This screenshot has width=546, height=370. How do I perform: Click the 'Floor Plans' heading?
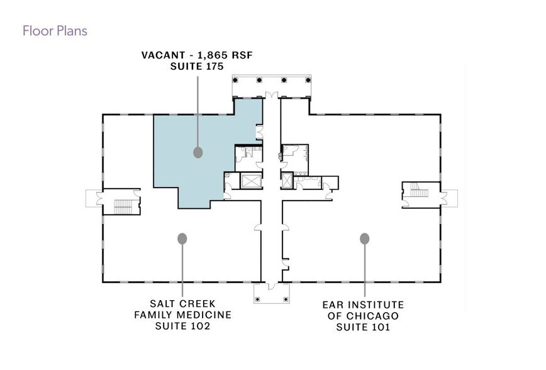coord(55,30)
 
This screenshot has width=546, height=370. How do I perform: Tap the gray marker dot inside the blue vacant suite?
coord(198,152)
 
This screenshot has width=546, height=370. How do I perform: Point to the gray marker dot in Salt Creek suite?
coord(182,238)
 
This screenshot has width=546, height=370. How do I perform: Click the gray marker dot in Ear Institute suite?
coord(364,238)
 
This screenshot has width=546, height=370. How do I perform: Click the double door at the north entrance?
coord(271,95)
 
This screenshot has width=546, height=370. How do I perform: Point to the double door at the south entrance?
coord(271,286)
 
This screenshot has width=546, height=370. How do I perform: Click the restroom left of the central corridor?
coord(247,156)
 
